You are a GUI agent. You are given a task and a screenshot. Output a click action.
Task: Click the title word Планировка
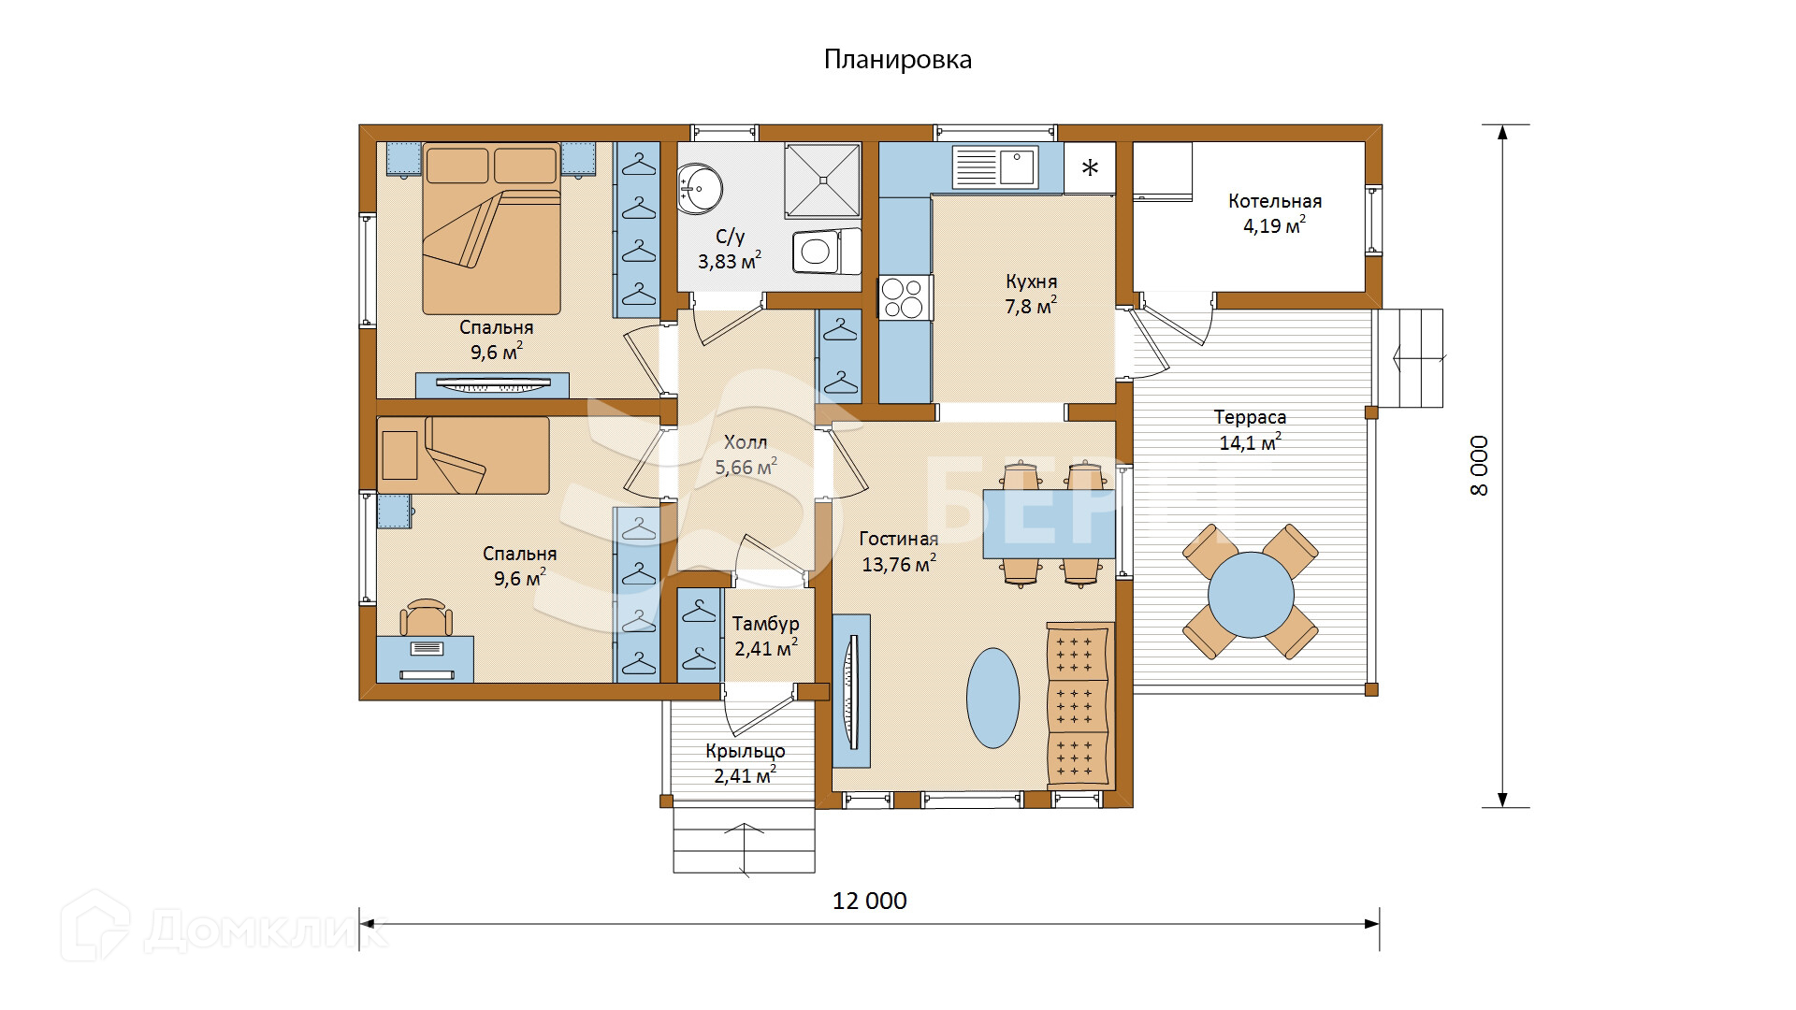tap(897, 60)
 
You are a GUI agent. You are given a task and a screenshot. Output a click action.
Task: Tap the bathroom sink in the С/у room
tap(699, 188)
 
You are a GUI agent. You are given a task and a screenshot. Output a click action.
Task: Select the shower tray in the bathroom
tap(822, 180)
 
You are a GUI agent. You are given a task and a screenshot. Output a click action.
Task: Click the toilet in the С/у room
tap(826, 252)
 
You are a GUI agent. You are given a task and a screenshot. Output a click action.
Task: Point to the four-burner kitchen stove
tap(905, 297)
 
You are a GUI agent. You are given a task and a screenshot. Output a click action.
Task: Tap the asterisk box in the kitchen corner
tap(1090, 168)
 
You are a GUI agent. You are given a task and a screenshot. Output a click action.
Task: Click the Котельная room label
tap(1275, 201)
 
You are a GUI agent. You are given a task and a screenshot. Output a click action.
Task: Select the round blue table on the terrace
tap(1251, 594)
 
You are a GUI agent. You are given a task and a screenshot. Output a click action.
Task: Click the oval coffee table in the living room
tap(992, 698)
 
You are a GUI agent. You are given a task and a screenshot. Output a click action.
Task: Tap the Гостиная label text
tap(899, 539)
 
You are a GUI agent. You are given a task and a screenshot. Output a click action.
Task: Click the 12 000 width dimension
tap(870, 901)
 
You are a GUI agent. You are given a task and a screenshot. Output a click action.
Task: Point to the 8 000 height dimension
tap(1479, 466)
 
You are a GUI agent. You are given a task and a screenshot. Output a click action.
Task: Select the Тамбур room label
tap(765, 624)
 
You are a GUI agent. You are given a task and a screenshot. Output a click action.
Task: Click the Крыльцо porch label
tap(746, 751)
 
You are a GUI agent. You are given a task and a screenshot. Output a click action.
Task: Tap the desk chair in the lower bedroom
tap(427, 617)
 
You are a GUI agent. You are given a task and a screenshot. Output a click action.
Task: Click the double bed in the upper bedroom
tap(491, 228)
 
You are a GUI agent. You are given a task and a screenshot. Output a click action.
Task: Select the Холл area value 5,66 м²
tap(746, 467)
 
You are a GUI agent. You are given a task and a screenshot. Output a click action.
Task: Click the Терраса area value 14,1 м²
tap(1250, 442)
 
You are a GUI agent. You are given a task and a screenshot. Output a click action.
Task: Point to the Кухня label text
tap(1032, 281)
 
